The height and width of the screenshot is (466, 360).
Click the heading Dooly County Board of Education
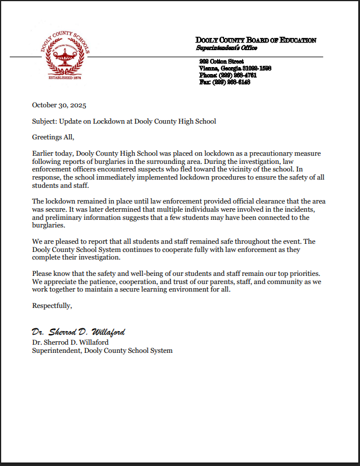click(x=256, y=40)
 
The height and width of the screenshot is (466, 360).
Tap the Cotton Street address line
click(x=221, y=61)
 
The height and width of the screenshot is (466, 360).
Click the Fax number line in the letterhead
click(x=224, y=82)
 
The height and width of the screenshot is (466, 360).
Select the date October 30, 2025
click(x=59, y=105)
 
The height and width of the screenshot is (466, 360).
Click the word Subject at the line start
click(x=44, y=121)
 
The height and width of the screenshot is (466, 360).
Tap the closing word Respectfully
click(x=52, y=305)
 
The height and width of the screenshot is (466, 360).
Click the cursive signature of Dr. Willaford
click(x=78, y=332)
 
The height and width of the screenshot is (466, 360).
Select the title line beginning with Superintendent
click(x=102, y=351)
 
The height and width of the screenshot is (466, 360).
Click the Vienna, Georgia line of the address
click(x=234, y=68)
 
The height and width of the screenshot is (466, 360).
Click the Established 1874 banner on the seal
click(x=64, y=77)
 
